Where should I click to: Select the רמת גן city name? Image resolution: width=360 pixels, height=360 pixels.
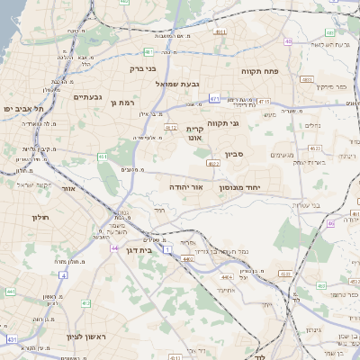[x=121, y=103]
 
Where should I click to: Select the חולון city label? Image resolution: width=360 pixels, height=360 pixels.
[x=39, y=217]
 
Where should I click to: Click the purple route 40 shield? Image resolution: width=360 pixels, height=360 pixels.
[x=288, y=41]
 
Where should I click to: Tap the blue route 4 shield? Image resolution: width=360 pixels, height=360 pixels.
[x=64, y=275]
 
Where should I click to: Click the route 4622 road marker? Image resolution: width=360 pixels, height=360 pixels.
[x=213, y=163]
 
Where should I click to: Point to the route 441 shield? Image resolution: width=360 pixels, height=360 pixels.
[x=10, y=291]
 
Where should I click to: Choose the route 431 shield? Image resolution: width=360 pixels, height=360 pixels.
[x=12, y=339]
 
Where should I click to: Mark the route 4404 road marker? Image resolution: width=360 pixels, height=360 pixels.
[x=186, y=259]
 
